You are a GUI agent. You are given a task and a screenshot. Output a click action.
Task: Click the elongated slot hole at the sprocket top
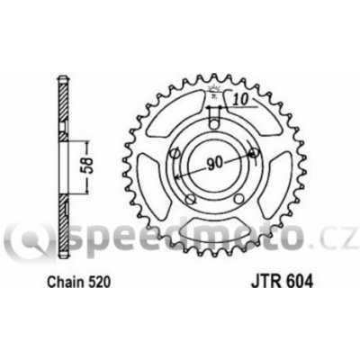pyautogui.click(x=212, y=117)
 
